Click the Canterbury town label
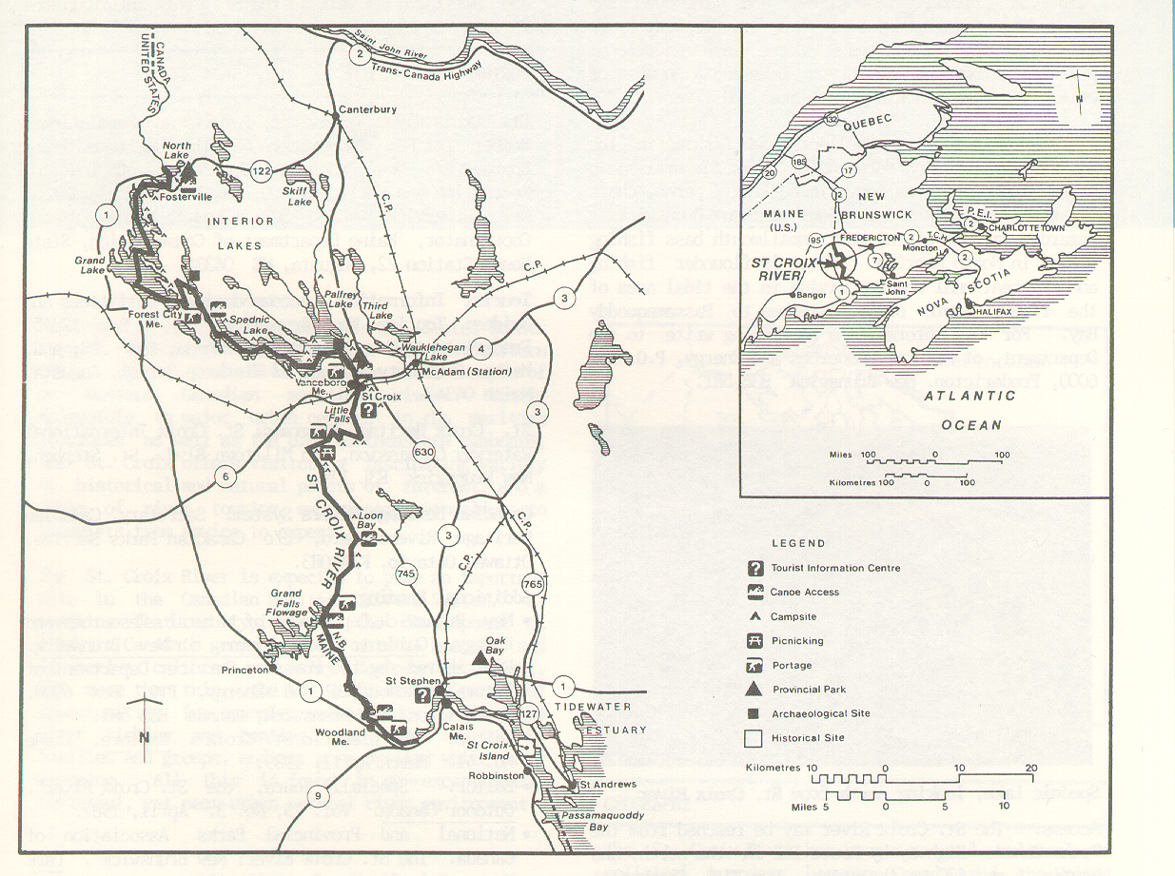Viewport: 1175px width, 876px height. (366, 110)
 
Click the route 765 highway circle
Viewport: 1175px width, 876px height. (533, 583)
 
